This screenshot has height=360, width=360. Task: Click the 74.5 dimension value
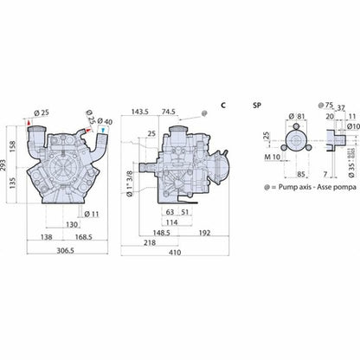pos(168,112)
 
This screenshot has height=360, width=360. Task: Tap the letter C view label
pos(223,104)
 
